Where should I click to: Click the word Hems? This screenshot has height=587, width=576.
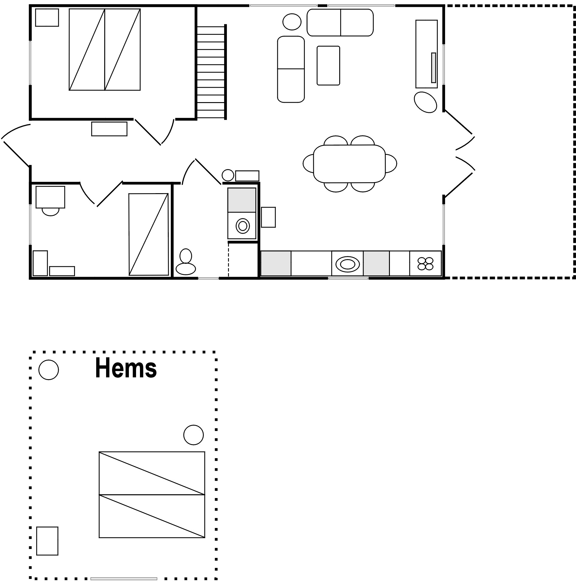[126, 368]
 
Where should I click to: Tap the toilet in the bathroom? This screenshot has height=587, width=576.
[186, 262]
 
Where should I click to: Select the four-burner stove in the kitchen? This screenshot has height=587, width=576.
[425, 264]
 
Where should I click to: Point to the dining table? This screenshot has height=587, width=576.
[349, 164]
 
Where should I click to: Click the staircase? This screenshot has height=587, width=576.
[211, 72]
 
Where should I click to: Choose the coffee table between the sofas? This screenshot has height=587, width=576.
[328, 66]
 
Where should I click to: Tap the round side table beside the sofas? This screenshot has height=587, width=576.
[292, 22]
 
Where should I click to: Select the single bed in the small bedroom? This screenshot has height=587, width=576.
[149, 235]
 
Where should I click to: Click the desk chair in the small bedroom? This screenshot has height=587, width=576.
[51, 212]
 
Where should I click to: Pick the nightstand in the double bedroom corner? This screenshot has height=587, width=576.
[47, 18]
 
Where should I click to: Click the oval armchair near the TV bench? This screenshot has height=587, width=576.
[425, 102]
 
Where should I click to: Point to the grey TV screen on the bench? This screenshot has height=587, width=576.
[434, 68]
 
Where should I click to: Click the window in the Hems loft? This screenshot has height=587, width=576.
[124, 579]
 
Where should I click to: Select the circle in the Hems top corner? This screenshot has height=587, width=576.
[49, 370]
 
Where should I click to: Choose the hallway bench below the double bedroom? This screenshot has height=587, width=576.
[109, 129]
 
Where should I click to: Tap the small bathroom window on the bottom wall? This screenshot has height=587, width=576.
[209, 279]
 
